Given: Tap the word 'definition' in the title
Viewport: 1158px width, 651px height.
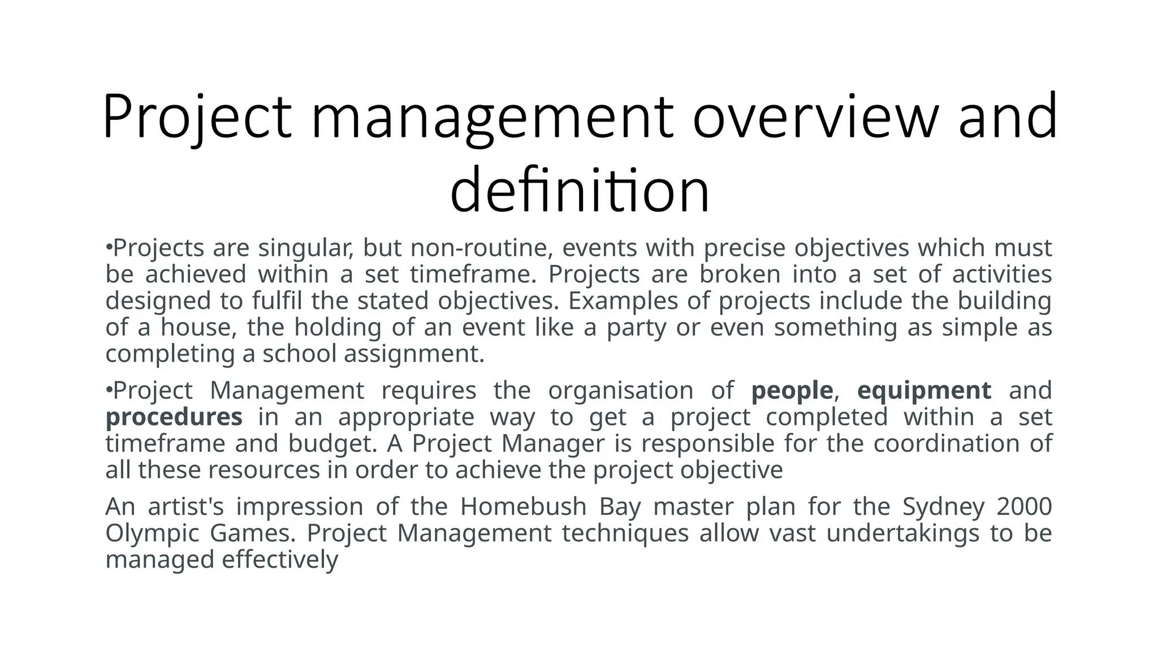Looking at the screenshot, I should point(580,190).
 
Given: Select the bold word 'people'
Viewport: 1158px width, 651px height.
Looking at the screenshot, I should point(792,390).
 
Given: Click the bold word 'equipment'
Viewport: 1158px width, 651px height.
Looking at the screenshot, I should point(924,390).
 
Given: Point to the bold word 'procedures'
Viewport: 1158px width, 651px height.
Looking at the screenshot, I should point(174,417).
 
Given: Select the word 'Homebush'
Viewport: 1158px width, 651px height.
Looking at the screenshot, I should point(523,506).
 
